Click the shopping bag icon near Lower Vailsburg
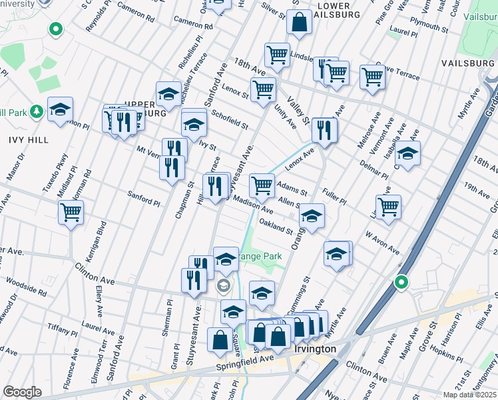(x=300, y=23)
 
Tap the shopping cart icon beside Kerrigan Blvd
(x=71, y=214)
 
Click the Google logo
(x=23, y=392)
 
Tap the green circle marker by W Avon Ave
(x=401, y=282)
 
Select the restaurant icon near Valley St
(x=324, y=131)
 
